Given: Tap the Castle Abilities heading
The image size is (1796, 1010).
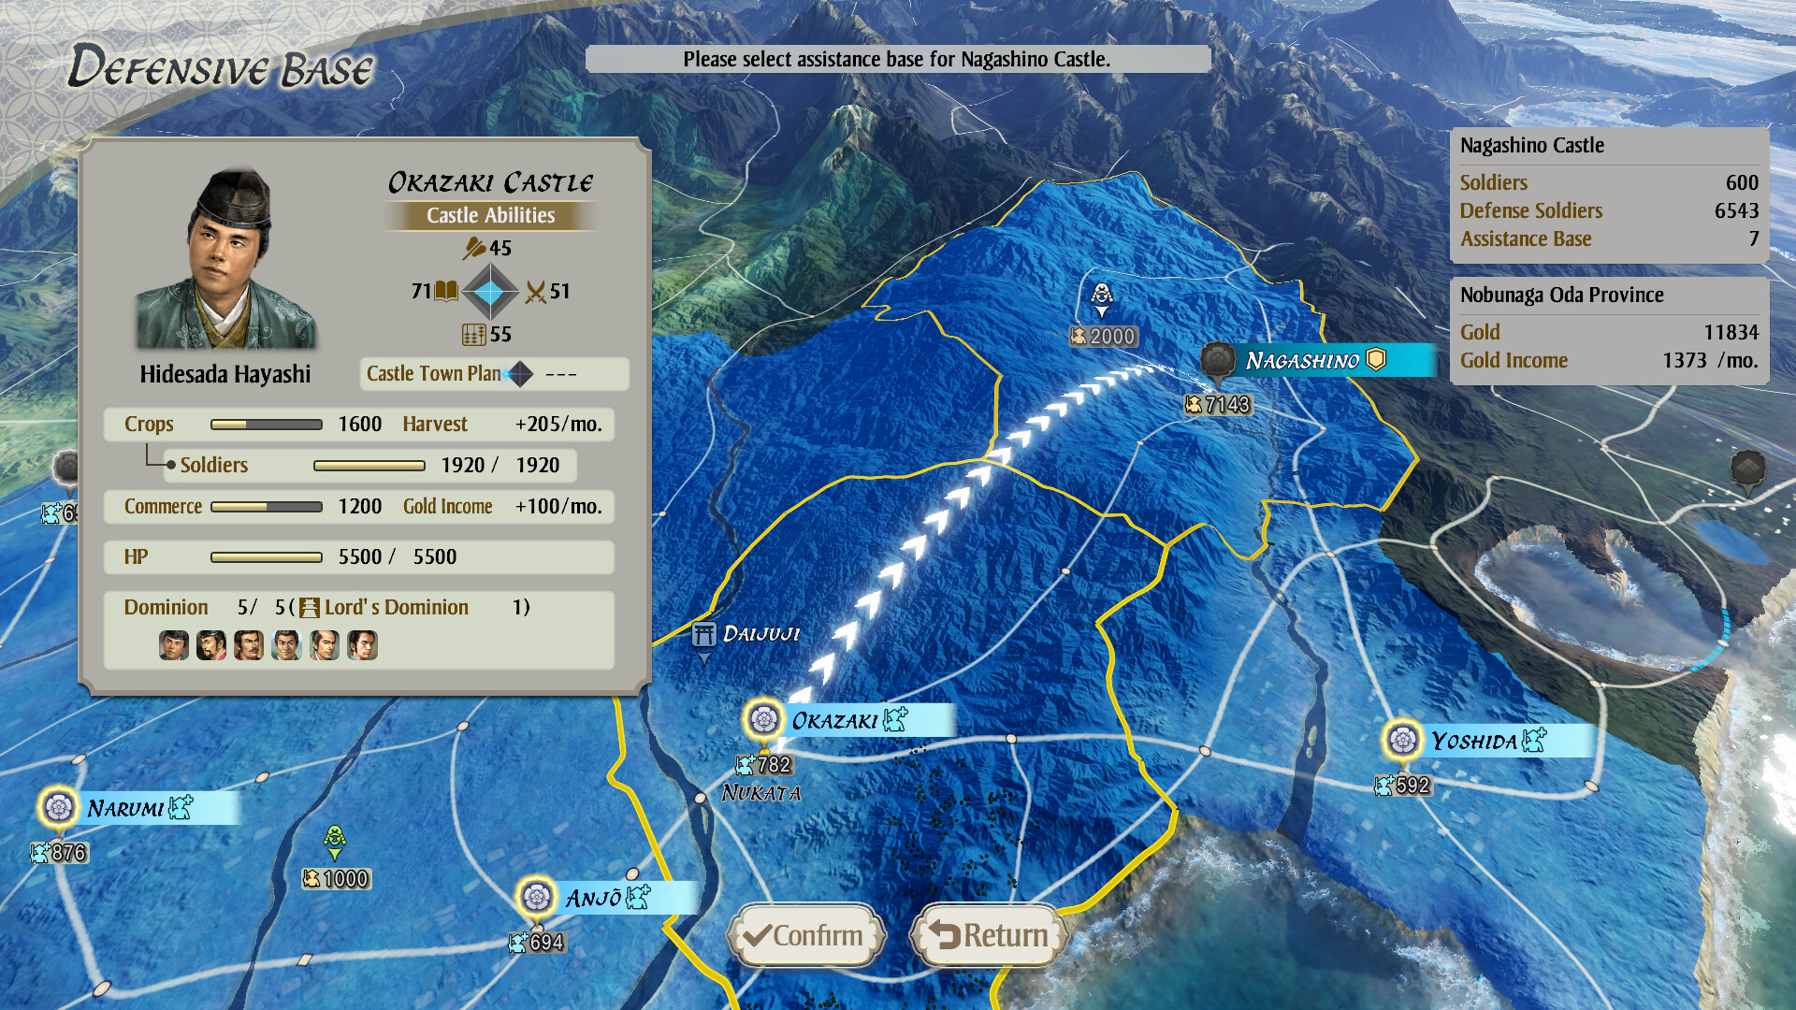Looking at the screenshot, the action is coord(490,216).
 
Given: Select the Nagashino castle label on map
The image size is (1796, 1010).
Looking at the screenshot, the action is coord(1303,361).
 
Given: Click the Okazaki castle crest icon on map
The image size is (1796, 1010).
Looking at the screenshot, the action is coord(764,719).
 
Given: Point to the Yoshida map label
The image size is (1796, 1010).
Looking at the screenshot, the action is coord(1474,742).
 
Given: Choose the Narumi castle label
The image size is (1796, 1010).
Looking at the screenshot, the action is coord(125,808).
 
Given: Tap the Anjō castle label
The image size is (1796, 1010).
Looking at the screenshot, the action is coord(593,899).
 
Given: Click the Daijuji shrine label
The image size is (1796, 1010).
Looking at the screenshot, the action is coord(760,634).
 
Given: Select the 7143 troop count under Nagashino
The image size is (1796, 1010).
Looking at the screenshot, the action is coord(1218,405).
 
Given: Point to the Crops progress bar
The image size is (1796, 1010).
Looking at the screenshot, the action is coord(267,425).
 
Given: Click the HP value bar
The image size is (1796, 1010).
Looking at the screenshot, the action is coord(267,557).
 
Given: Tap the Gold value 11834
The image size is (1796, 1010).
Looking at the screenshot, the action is coord(1731,333).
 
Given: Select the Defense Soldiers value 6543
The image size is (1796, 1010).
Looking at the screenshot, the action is coord(1736,211).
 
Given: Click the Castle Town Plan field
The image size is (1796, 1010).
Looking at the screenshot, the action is coord(494,374).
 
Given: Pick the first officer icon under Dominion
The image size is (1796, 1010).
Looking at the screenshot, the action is coord(174,645).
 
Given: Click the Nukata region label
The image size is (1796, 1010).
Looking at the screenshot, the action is coord(760,794).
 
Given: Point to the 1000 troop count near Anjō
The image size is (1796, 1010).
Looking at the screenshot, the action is coord(337,879).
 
